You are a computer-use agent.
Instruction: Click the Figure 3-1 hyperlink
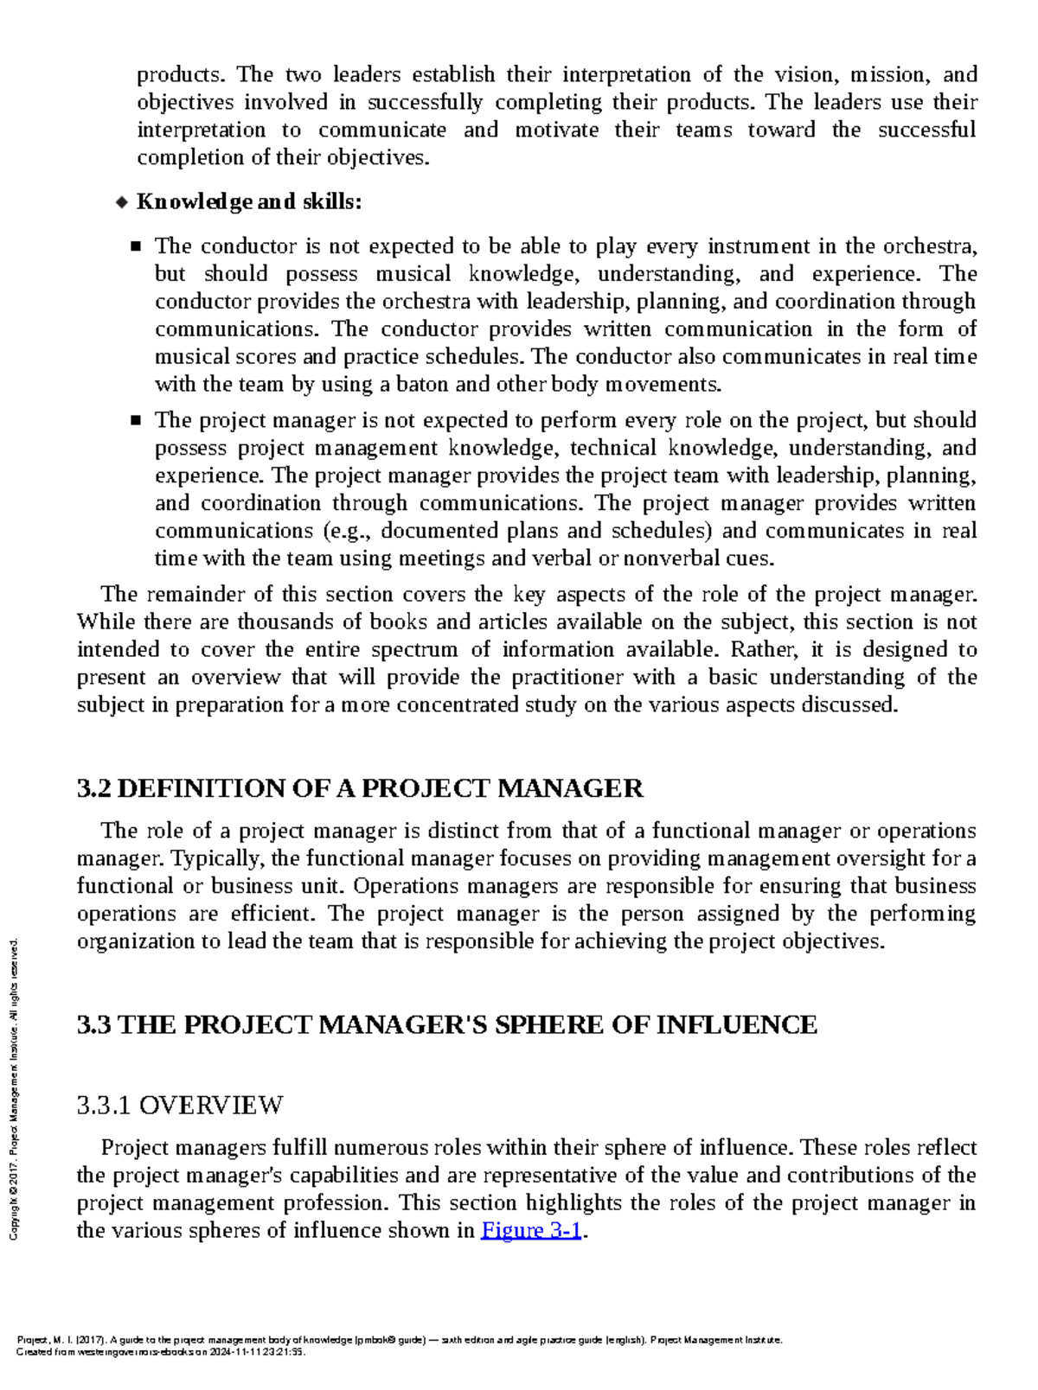pyautogui.click(x=530, y=1230)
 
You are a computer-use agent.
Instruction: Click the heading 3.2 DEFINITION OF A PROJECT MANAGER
pyautogui.click(x=360, y=788)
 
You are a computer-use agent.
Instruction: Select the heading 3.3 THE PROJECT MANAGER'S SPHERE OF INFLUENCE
pyautogui.click(x=446, y=1024)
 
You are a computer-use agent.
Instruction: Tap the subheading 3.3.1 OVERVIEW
pyautogui.click(x=180, y=1105)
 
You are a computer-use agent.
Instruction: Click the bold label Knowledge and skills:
pyautogui.click(x=249, y=201)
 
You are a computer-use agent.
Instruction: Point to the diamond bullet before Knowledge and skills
pyautogui.click(x=122, y=202)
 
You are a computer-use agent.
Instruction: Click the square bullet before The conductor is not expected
pyautogui.click(x=136, y=246)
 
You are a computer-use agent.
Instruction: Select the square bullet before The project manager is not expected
pyautogui.click(x=136, y=420)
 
